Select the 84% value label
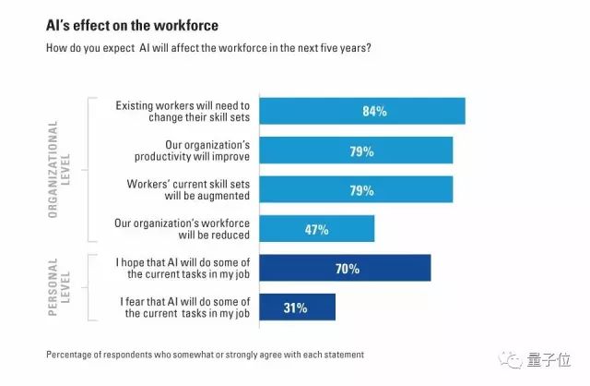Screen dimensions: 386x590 [x=373, y=111]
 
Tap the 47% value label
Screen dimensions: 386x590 [x=316, y=229]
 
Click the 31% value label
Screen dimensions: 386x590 [x=297, y=308]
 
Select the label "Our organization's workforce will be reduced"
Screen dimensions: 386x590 [x=181, y=229]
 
